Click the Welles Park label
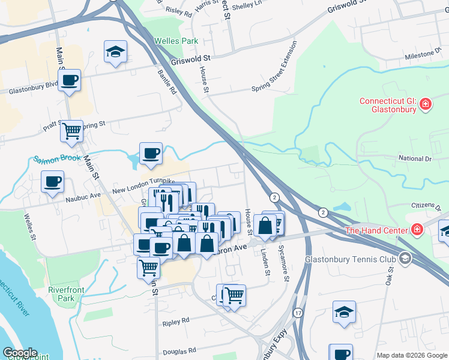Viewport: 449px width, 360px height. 176,41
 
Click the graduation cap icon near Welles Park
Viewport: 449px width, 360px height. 114,52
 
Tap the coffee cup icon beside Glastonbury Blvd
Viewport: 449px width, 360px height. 70,80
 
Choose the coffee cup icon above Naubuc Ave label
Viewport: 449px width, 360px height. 52,181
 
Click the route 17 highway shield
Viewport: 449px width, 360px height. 298,313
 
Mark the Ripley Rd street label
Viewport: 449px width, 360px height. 175,323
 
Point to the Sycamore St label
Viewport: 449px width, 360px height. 285,263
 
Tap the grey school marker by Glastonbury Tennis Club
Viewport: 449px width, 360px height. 405,259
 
